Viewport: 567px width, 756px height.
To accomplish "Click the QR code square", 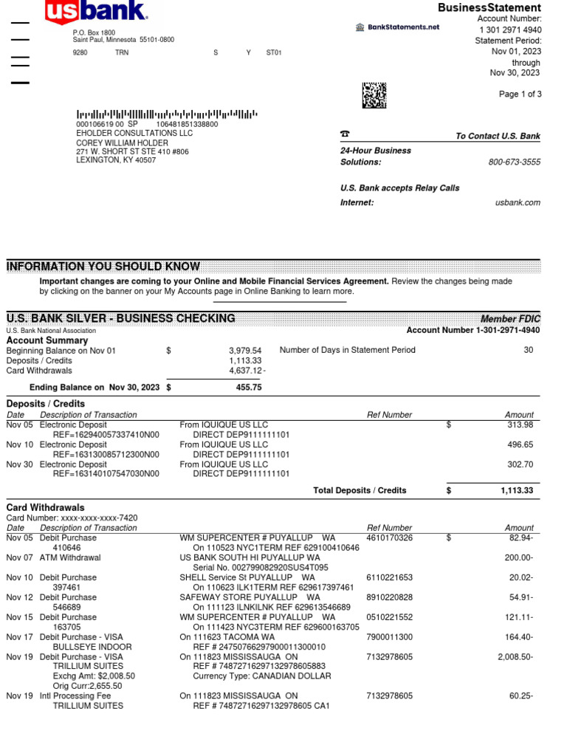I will coord(374,95).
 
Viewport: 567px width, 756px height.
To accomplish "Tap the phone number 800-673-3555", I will coord(514,162).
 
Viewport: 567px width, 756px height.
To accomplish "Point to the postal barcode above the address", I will coord(167,114).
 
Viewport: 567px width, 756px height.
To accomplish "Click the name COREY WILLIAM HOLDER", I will coord(123,142).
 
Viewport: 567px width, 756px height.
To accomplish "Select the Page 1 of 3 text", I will coord(520,94).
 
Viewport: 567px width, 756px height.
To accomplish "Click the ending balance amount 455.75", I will coord(249,387).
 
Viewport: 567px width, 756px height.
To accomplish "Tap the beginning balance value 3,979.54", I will coord(245,351).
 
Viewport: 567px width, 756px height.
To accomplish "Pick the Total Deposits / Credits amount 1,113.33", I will coord(516,490).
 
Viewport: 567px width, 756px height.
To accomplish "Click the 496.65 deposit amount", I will coord(519,445).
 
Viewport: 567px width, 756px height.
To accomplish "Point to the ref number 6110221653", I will coord(390,577).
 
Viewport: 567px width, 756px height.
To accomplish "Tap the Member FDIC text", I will coord(510,319).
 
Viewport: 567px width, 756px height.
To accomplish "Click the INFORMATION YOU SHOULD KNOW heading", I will coord(103,267).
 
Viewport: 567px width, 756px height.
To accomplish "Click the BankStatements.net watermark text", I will coord(403,27).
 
